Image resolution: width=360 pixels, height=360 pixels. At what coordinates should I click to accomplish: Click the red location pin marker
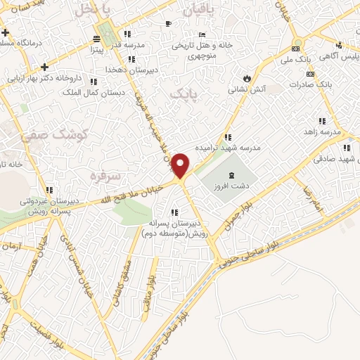pos(181,165)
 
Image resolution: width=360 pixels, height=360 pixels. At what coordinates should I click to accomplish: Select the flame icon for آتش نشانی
pos(247,77)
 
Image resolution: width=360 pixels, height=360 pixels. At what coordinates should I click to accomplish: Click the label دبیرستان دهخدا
pos(125,70)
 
